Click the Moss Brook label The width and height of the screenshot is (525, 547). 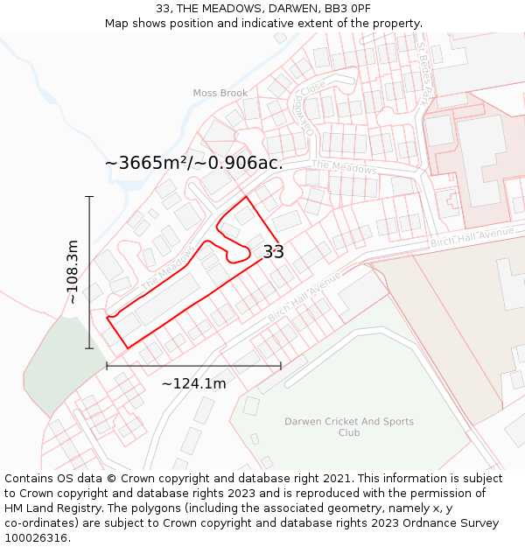[220, 93]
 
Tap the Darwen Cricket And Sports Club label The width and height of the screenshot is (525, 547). [349, 427]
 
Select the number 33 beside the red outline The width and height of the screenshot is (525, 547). [273, 252]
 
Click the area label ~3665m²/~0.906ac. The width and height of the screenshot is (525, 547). [193, 163]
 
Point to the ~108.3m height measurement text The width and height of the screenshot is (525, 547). [73, 272]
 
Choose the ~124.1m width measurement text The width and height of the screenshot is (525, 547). [193, 383]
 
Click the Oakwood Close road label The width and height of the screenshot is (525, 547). [307, 109]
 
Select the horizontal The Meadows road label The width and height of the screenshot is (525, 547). [344, 167]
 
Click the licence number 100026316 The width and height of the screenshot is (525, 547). [37, 538]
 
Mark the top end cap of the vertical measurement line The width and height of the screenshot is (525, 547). [89, 197]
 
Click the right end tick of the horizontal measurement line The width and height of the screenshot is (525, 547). [281, 366]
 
